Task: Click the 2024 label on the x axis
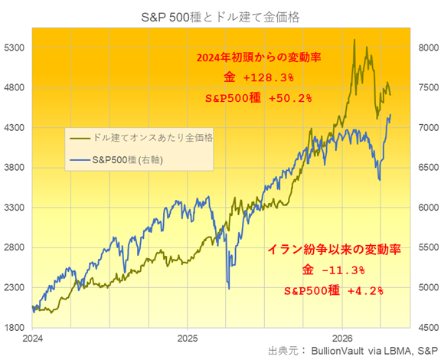point(33,338)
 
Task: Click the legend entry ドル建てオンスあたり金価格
point(152,138)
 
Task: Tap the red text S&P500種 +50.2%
point(259,98)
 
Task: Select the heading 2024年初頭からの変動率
point(259,57)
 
